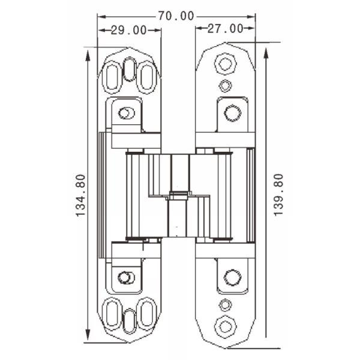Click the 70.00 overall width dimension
pyautogui.click(x=176, y=16)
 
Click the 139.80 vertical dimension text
pyautogui.click(x=278, y=195)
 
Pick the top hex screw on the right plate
pyautogui.click(x=226, y=62)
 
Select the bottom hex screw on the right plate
pyautogui.click(x=226, y=326)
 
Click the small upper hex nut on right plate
pyautogui.click(x=225, y=85)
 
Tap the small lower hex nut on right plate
pyautogui.click(x=225, y=304)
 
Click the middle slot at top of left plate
pyautogui.click(x=129, y=70)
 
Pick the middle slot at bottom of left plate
pyautogui.click(x=129, y=319)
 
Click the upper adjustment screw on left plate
pyautogui.click(x=125, y=113)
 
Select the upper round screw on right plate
pyautogui.click(x=233, y=113)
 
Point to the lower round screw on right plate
pyautogui.click(x=232, y=277)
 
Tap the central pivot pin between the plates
pyautogui.click(x=177, y=195)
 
